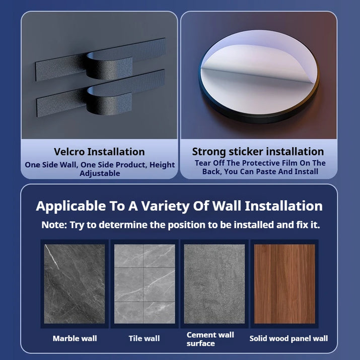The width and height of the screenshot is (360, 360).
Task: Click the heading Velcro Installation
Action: click(99, 152)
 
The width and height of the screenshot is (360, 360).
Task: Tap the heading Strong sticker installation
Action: click(258, 152)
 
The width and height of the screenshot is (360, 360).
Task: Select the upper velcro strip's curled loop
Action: click(110, 66)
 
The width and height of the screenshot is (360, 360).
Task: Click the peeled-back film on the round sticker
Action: click(259, 61)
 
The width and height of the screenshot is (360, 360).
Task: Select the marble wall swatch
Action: click(75, 284)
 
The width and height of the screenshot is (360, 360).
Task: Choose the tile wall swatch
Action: click(145, 284)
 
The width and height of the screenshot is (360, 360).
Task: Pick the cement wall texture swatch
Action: click(214, 284)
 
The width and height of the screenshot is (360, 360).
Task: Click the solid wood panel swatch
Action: click(284, 284)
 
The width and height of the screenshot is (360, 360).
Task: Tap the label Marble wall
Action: click(75, 338)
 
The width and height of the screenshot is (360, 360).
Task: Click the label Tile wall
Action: click(144, 338)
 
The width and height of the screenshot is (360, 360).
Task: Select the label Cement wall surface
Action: click(210, 339)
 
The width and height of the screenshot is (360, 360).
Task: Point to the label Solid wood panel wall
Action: click(289, 338)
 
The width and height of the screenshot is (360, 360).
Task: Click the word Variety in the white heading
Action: click(165, 206)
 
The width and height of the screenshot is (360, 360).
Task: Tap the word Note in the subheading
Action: click(54, 225)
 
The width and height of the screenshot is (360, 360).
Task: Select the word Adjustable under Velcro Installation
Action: click(100, 173)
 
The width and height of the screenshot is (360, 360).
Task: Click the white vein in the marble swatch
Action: click(52, 257)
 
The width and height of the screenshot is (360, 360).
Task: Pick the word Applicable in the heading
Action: click(70, 206)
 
